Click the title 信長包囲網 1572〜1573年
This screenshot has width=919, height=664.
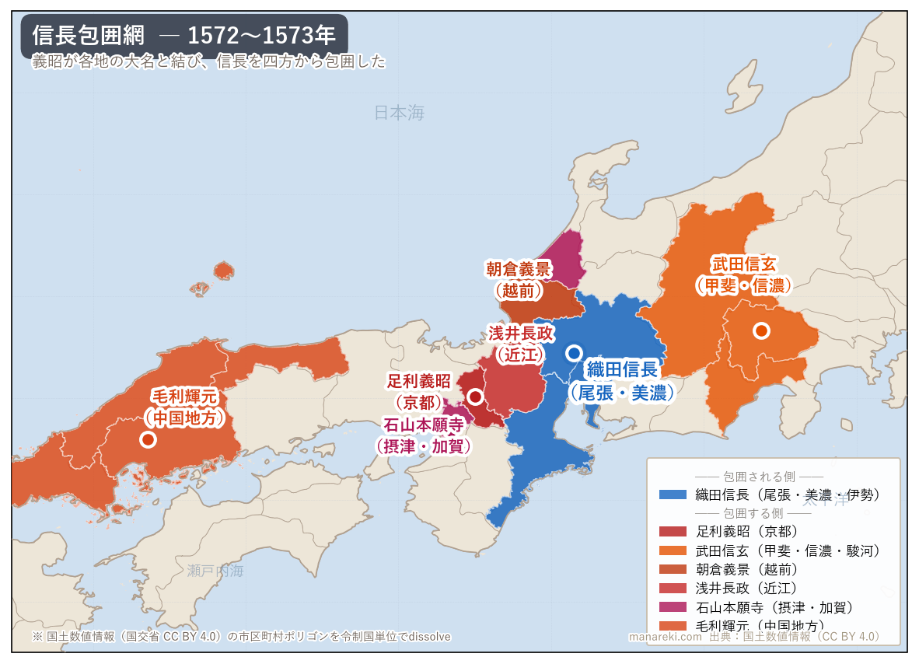click(184, 35)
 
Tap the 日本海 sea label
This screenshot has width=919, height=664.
click(400, 113)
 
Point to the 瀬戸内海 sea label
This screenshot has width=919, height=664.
click(215, 571)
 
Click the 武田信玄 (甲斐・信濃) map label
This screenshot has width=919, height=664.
click(743, 274)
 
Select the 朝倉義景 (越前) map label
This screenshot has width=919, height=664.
click(519, 280)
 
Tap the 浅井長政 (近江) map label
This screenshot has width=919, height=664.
click(521, 344)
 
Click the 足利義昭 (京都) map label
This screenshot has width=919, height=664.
click(419, 391)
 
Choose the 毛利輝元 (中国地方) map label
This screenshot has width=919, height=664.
click(184, 407)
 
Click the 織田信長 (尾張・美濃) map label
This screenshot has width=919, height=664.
click(622, 381)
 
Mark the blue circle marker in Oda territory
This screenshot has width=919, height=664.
click(574, 353)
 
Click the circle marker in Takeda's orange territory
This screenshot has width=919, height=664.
click(761, 330)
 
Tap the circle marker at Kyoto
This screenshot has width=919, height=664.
click(475, 397)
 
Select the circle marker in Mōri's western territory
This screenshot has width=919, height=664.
click(148, 439)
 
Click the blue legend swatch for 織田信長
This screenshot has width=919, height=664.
click(673, 495)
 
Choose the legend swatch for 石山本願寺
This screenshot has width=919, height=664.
click(673, 606)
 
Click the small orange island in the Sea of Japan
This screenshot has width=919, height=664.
click(224, 270)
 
